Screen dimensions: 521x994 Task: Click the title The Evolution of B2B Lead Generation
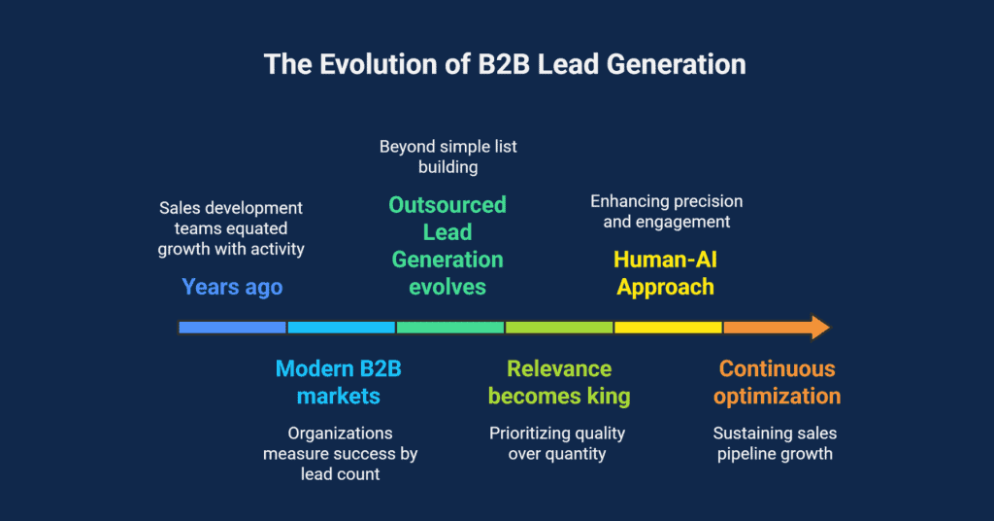pos(505,65)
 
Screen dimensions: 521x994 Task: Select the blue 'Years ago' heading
pos(232,287)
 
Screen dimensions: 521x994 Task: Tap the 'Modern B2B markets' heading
pos(338,382)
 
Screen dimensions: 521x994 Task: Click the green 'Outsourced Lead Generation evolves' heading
pos(447,246)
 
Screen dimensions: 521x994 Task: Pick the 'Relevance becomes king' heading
pos(559,382)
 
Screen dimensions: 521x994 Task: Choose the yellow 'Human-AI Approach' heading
pos(666,273)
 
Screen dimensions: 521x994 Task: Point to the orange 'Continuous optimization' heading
pos(777,382)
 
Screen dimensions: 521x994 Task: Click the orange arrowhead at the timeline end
pos(817,328)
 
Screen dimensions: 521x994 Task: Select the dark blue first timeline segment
pos(232,328)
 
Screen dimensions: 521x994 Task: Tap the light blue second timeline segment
pos(341,328)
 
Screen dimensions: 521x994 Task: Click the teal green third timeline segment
pos(449,328)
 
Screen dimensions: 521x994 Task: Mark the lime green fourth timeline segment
pos(558,328)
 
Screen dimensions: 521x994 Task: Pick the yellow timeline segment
pos(668,328)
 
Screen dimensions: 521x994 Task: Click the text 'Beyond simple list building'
pos(447,156)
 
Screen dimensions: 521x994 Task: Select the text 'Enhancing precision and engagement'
pos(666,211)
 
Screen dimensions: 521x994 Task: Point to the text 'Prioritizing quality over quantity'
pos(557,443)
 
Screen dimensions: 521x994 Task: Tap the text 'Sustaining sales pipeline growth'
pos(775,443)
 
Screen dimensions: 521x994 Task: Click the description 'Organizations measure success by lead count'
pos(340,453)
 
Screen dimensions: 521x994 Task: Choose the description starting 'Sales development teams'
pos(231,228)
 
